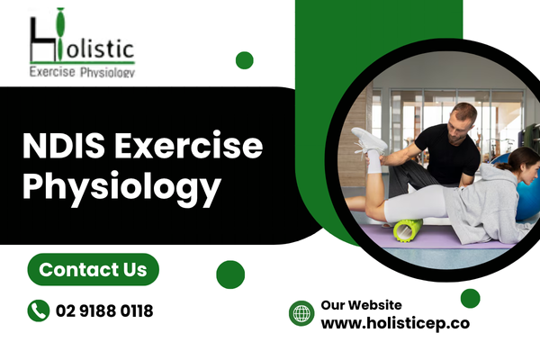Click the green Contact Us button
(93, 269)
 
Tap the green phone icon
(39, 310)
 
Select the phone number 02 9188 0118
(104, 310)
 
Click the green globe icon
(301, 313)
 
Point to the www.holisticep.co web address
(395, 323)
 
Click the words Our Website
(361, 305)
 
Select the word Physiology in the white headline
(121, 186)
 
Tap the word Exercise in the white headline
(189, 146)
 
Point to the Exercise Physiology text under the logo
(82, 72)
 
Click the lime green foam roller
(408, 230)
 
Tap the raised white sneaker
(368, 140)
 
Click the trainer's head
(463, 122)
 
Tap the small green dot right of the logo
(245, 60)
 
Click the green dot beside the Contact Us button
(230, 274)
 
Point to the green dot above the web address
(471, 298)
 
